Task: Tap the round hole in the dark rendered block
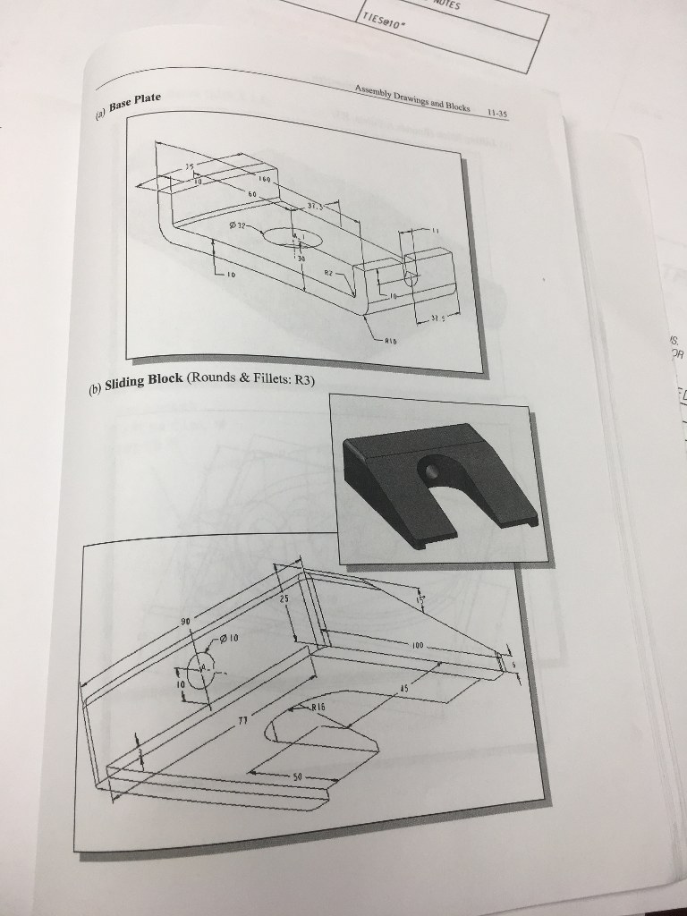(431, 469)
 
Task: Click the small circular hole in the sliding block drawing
(200, 671)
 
